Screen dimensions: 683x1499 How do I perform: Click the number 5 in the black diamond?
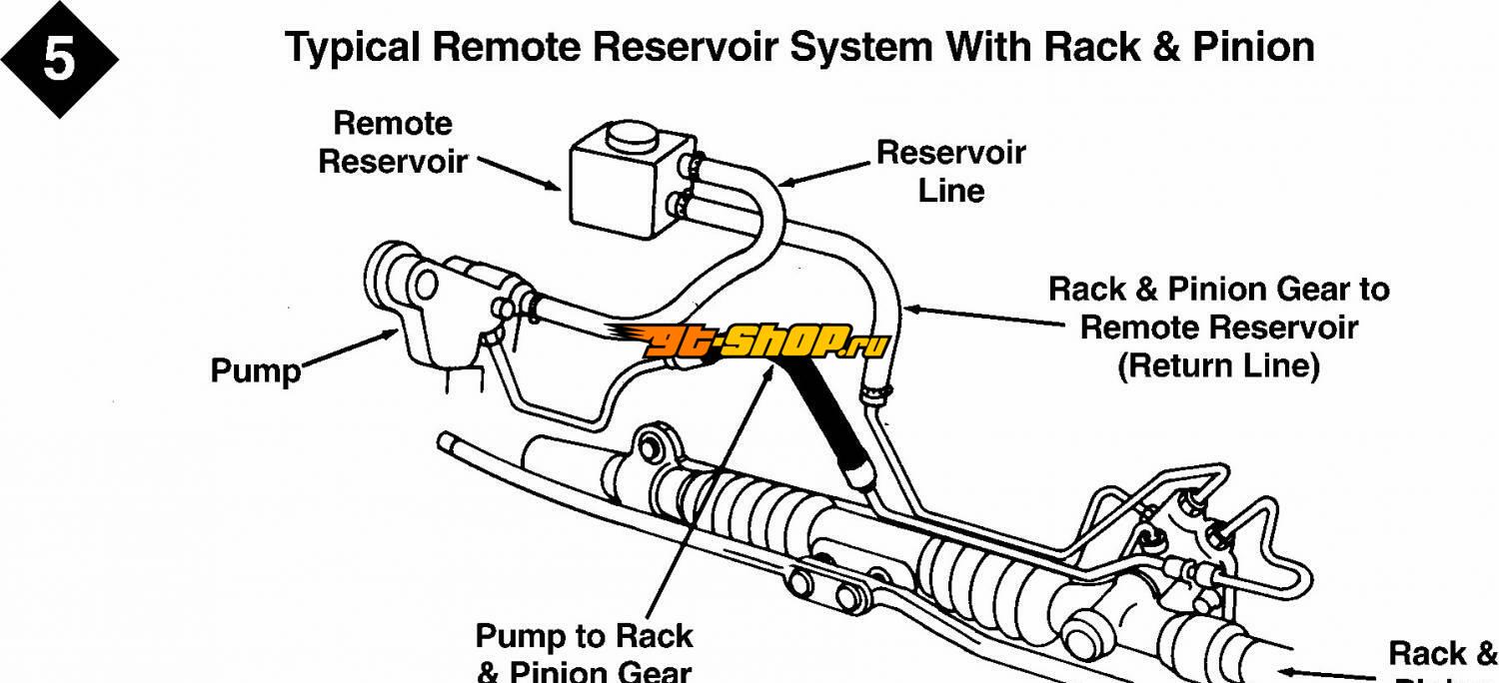(58, 60)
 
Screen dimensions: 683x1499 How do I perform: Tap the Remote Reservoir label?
(393, 142)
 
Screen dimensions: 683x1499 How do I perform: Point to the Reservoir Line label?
(950, 171)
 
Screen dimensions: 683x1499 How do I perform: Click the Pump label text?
(255, 371)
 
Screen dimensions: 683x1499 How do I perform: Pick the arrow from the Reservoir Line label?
(824, 174)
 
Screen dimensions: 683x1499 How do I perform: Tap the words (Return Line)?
(1218, 365)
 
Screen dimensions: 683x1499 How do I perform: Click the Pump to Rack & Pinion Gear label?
(584, 652)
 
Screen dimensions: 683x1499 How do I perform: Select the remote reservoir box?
(620, 185)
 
